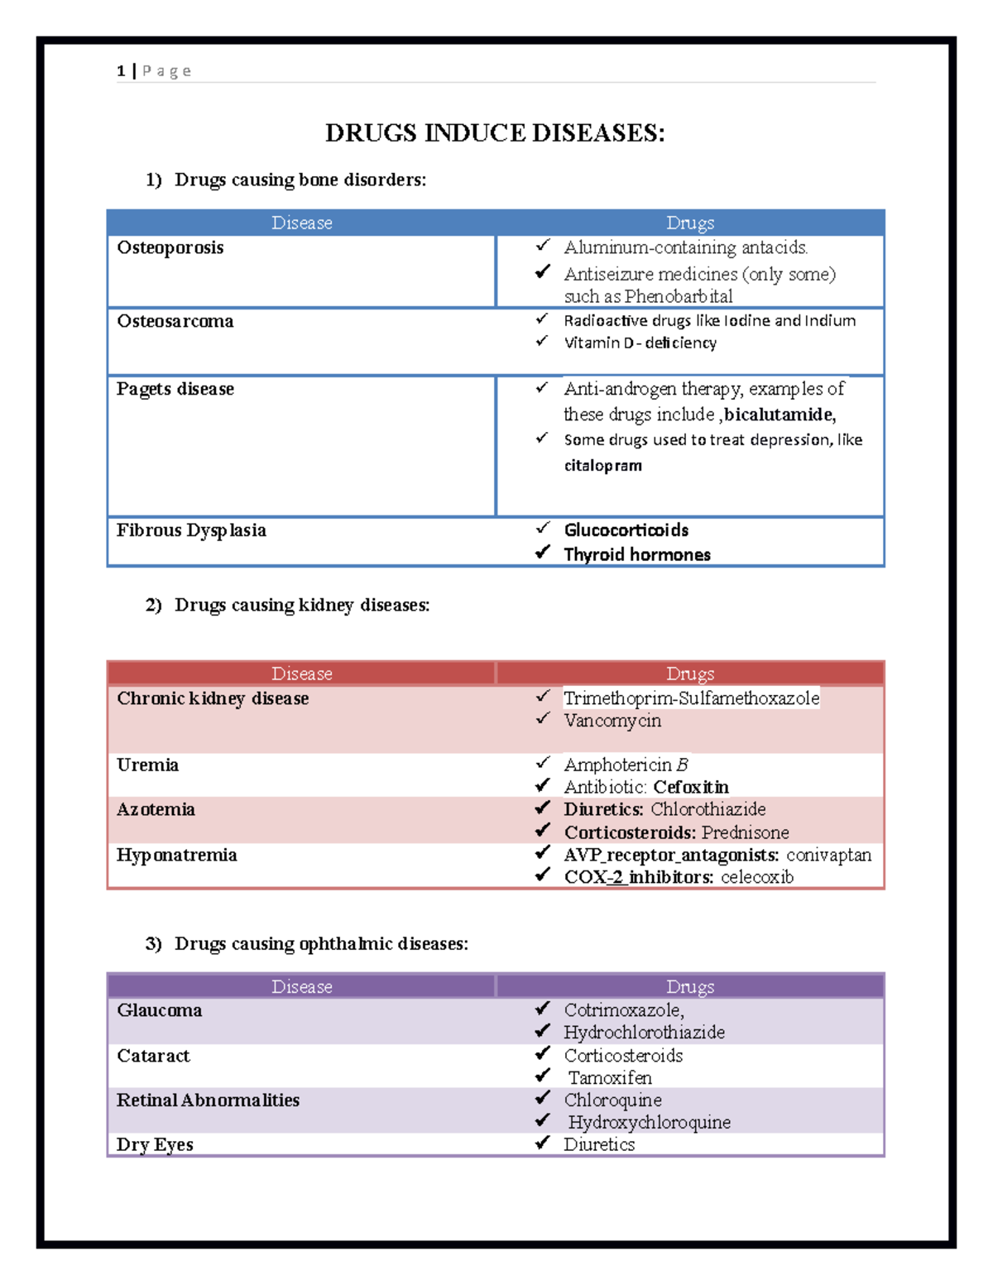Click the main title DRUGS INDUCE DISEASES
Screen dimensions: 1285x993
click(x=495, y=133)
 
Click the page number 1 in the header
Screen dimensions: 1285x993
click(x=121, y=71)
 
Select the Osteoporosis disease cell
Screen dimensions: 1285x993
click(x=170, y=248)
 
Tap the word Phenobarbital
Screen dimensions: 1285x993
click(x=679, y=296)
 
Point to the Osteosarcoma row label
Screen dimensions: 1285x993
click(x=175, y=321)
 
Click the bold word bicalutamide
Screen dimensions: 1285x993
click(x=779, y=415)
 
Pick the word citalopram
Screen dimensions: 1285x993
click(x=602, y=466)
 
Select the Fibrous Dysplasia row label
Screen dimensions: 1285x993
click(x=191, y=530)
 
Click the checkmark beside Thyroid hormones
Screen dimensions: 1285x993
click(x=542, y=552)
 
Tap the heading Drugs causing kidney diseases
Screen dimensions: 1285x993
click(x=302, y=606)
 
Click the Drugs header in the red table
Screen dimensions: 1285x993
click(x=690, y=674)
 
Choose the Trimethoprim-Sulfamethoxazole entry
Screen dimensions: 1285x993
click(x=691, y=698)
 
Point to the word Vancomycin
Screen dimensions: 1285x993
click(x=612, y=721)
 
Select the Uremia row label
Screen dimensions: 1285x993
click(x=147, y=765)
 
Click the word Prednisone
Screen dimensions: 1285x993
click(x=745, y=832)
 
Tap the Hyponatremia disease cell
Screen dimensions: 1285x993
click(x=176, y=856)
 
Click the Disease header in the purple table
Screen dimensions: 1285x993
click(x=302, y=986)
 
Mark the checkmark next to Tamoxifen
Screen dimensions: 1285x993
click(x=542, y=1076)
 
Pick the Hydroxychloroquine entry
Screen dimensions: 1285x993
click(x=649, y=1123)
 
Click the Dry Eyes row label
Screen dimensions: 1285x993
click(x=155, y=1145)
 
